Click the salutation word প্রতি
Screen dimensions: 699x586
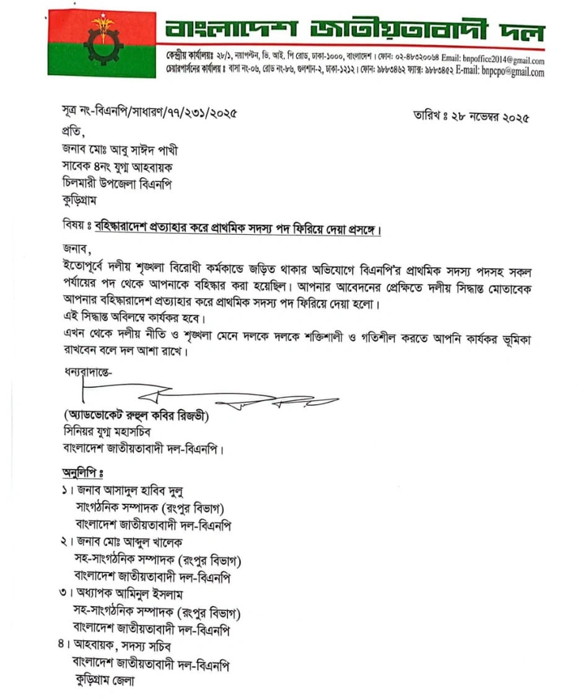coord(71,132)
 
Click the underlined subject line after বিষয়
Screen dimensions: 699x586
coord(238,227)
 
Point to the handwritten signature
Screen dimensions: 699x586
coord(204,397)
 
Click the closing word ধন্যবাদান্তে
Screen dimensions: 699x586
coord(85,374)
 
